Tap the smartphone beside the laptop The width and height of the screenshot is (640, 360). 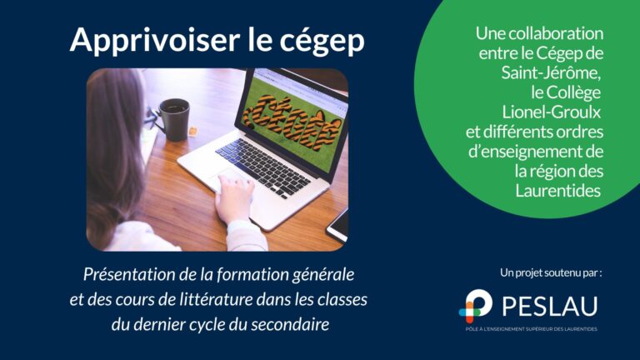pos(337,224)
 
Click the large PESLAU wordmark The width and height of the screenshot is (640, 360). pos(551,305)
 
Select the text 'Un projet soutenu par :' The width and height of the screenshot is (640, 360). pos(551,272)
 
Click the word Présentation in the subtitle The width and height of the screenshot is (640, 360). pos(128,274)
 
